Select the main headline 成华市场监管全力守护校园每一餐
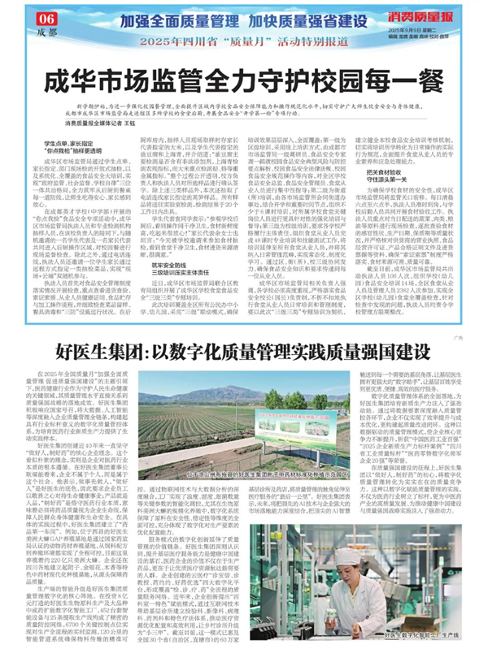[244, 83]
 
